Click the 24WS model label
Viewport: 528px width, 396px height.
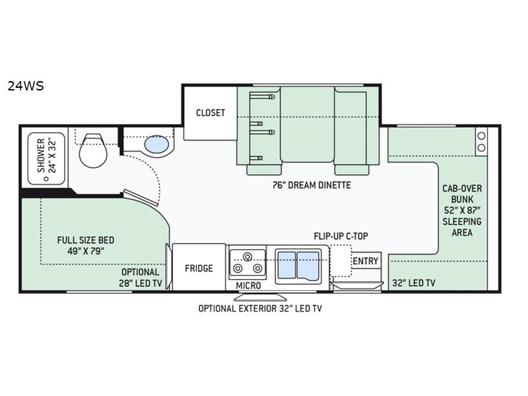click(x=26, y=86)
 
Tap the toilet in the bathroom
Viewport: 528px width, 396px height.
click(x=93, y=150)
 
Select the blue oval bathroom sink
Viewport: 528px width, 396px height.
click(x=156, y=145)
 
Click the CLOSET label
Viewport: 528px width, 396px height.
click(x=211, y=112)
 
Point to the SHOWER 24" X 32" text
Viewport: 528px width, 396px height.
click(x=46, y=155)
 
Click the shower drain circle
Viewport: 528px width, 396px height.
click(x=46, y=179)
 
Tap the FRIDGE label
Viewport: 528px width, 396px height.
click(x=199, y=269)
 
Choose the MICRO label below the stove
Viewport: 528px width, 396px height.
click(x=248, y=286)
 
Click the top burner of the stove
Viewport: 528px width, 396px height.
click(x=248, y=257)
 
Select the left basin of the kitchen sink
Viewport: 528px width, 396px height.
click(x=286, y=265)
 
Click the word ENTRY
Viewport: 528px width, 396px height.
click(x=366, y=261)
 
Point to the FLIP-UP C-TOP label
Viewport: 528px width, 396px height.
click(x=341, y=236)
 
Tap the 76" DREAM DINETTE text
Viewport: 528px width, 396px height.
click(x=312, y=185)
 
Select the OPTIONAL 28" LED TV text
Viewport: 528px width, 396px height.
click(x=141, y=277)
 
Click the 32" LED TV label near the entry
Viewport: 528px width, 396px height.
click(x=414, y=283)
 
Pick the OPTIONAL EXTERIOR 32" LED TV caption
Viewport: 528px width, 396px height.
click(x=260, y=308)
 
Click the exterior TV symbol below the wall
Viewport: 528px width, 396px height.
click(x=260, y=297)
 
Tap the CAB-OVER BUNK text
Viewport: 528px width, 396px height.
click(x=462, y=193)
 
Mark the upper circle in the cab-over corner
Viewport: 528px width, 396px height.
click(x=482, y=136)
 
